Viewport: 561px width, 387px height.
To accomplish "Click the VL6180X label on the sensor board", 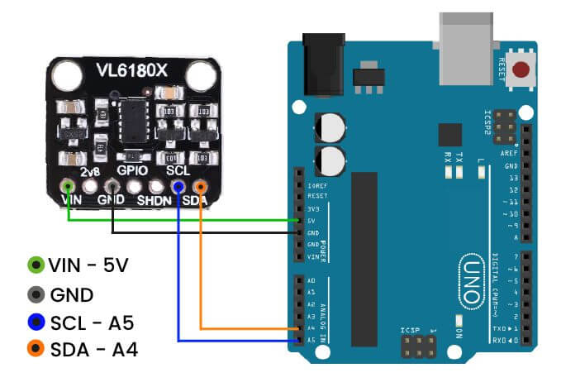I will (131, 73).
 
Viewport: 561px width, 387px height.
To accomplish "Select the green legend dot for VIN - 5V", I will (35, 265).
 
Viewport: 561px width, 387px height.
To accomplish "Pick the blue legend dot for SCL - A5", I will (35, 322).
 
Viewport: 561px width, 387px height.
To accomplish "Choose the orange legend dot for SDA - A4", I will (35, 351).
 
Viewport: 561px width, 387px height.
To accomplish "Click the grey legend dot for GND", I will (35, 294).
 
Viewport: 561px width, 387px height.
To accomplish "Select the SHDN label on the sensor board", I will (154, 201).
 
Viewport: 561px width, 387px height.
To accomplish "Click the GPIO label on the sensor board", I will (132, 170).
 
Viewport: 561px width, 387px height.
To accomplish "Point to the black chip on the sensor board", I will (132, 120).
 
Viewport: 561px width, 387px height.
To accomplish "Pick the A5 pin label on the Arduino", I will (311, 339).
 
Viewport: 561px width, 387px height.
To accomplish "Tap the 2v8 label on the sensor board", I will (90, 170).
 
